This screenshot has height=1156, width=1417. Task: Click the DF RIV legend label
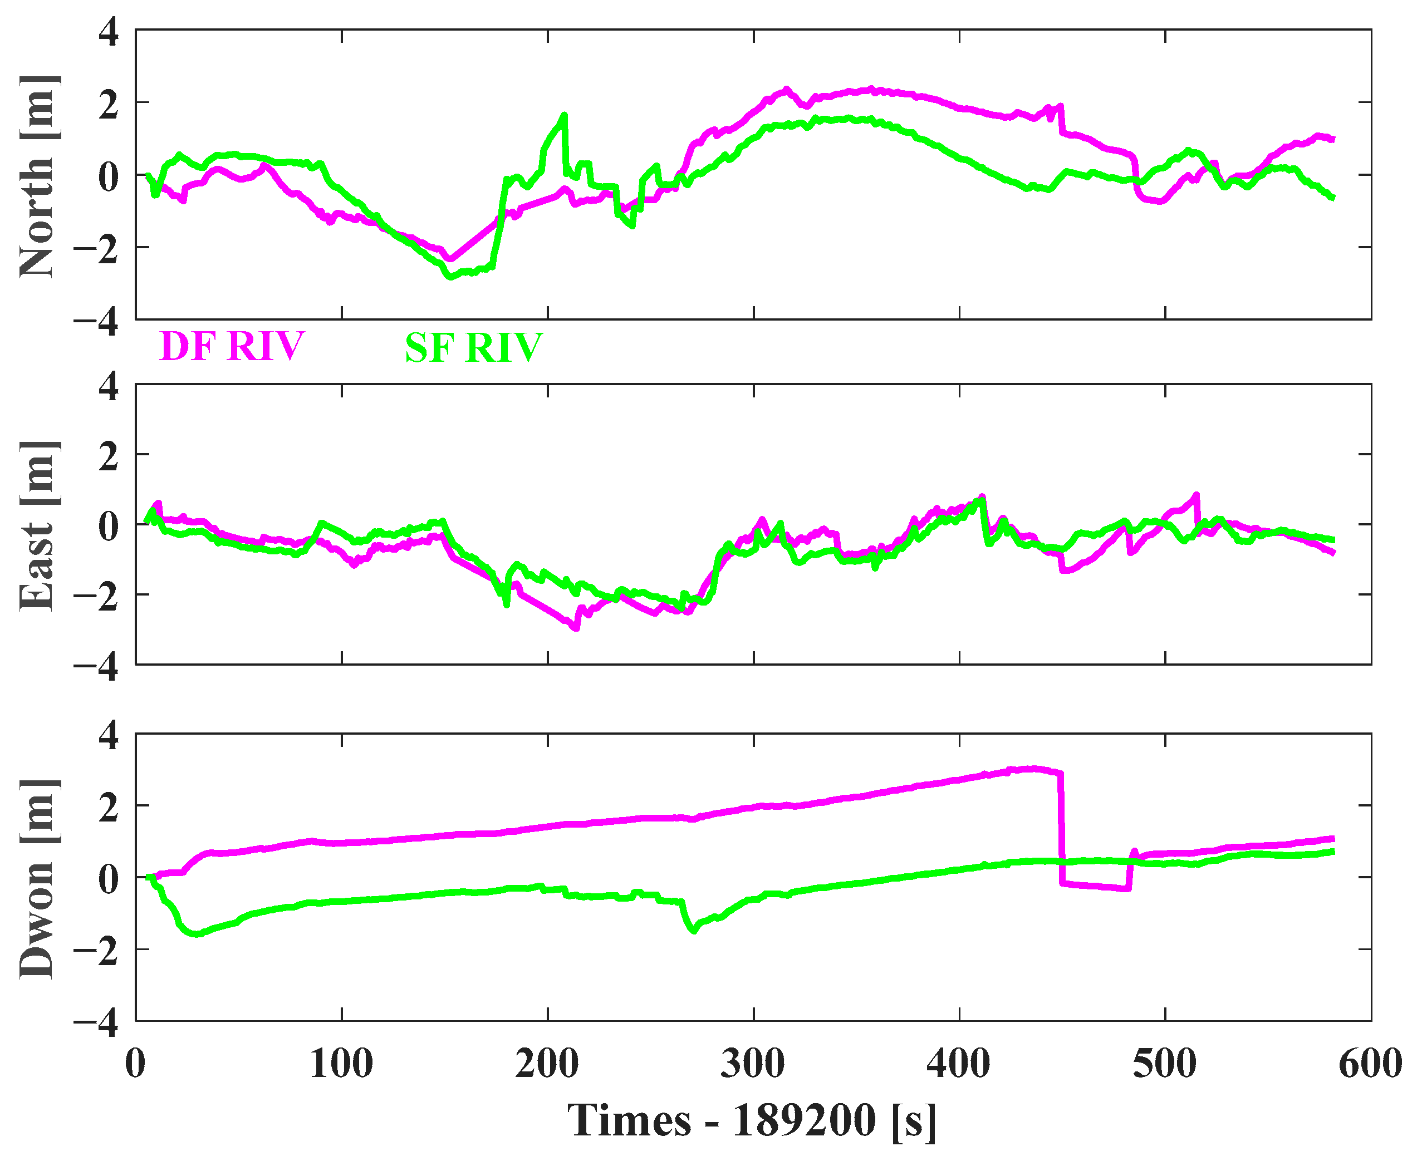232,346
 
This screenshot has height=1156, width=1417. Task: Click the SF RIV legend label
474,348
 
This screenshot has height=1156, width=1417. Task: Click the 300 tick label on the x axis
753,1064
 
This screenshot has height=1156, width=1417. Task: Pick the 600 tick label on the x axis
1370,1064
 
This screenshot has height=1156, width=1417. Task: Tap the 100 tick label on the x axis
341,1064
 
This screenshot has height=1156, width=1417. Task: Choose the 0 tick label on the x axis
135,1064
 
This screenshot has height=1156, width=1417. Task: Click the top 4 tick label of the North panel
109,32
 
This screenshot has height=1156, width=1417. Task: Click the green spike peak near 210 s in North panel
564,115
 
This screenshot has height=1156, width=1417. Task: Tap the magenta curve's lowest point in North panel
450,259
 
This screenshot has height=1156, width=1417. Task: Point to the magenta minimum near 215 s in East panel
576,627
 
